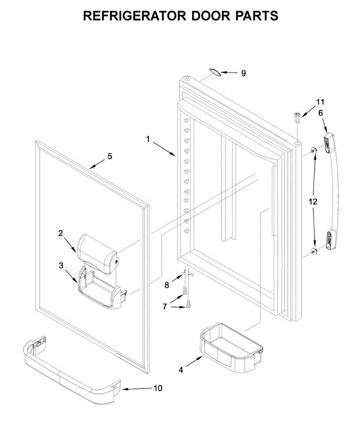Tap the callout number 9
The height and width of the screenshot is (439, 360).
pos(244,73)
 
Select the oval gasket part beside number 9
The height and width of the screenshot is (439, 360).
pos(216,72)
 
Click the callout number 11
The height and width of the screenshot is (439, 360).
pos(320,102)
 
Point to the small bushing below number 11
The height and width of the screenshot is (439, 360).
pos(297,118)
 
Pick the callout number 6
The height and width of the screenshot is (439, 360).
pos(321,113)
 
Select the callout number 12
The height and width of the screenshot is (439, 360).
pos(313,202)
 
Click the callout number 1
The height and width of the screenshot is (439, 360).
pos(148,139)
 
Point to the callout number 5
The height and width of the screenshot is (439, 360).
pos(110,156)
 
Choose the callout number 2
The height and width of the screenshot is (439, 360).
pos(61,233)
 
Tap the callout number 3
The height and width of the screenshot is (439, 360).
pos(61,266)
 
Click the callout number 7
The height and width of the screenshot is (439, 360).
pos(165,307)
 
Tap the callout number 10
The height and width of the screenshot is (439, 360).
pos(157,388)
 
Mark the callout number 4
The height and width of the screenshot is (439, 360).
pos(180,370)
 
